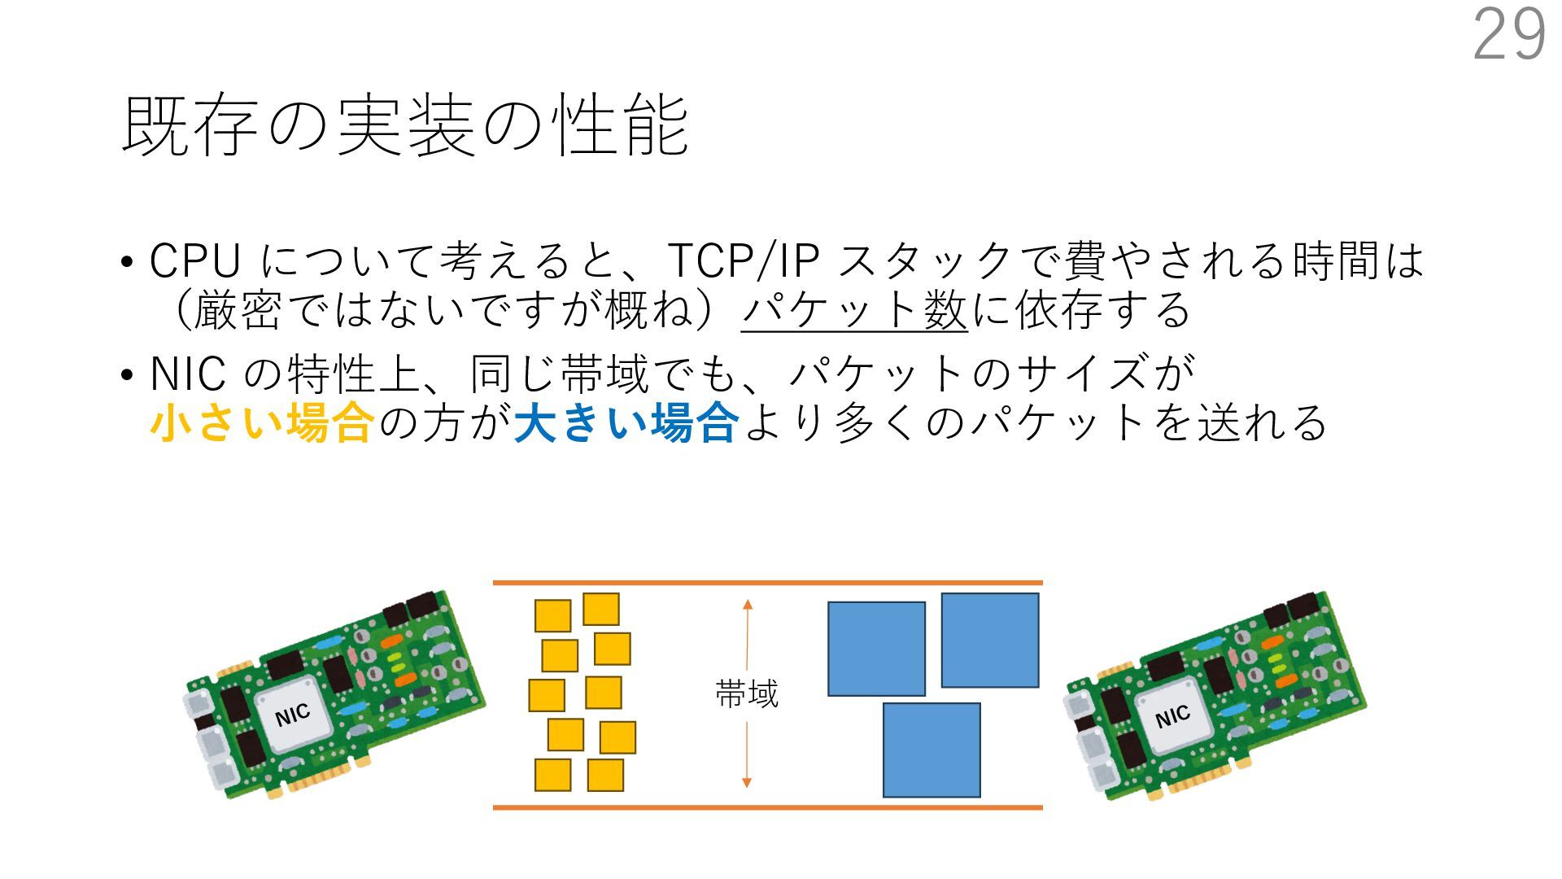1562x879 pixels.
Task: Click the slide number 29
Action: (x=1509, y=35)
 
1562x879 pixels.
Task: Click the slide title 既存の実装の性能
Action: (x=405, y=125)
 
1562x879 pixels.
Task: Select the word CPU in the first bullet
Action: (x=195, y=261)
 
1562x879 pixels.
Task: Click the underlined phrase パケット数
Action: (x=854, y=311)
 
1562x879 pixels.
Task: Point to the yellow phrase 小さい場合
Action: (x=262, y=423)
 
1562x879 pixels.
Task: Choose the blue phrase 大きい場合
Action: (x=626, y=423)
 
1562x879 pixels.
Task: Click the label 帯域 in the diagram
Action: (x=747, y=694)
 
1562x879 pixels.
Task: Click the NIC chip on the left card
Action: (x=293, y=715)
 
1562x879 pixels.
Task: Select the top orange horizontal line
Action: (x=767, y=583)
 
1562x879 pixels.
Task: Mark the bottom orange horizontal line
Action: (x=767, y=807)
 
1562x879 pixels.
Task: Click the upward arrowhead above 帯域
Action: (x=748, y=605)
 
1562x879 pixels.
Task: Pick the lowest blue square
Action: (x=932, y=750)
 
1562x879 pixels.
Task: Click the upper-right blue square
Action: (x=990, y=640)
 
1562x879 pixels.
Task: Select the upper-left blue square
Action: (x=876, y=649)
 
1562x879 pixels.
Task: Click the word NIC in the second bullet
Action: (x=188, y=374)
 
